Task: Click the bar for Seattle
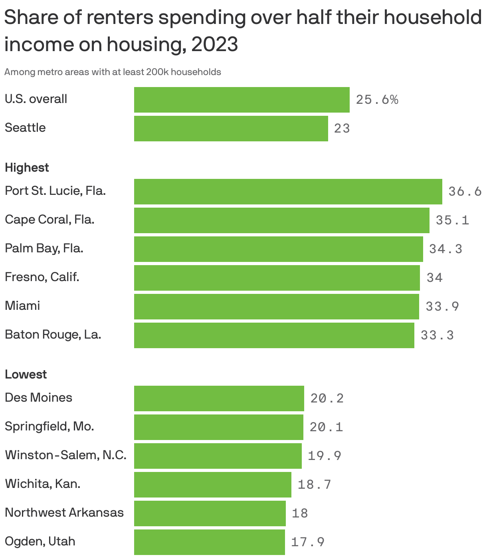231,129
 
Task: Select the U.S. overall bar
242,100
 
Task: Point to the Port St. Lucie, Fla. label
55,191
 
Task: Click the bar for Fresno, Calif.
277,278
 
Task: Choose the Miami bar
276,307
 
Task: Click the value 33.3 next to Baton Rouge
437,335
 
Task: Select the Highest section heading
27,168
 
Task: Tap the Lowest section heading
26,375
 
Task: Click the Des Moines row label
38,398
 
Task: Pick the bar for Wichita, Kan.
212,485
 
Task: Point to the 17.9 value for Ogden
307,542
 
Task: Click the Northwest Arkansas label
64,513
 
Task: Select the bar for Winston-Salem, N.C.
218,456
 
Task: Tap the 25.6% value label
377,100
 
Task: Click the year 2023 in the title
215,44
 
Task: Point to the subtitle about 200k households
113,72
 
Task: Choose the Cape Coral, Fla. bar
281,220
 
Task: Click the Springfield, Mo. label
49,426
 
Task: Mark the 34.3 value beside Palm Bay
445,249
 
